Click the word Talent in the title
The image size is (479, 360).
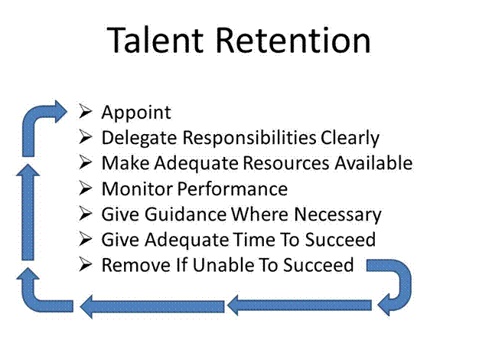[155, 40]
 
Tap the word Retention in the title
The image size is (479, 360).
[294, 40]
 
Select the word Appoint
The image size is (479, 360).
[136, 113]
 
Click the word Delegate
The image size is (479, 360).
[139, 138]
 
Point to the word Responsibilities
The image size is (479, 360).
[249, 138]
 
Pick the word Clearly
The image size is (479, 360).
[350, 138]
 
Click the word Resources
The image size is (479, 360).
[286, 163]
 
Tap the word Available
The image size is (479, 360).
[373, 163]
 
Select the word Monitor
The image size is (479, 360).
[137, 188]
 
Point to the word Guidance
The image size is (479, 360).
[185, 214]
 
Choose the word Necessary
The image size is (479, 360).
[337, 215]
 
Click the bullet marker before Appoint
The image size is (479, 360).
[85, 111]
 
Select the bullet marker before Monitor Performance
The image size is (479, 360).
[85, 188]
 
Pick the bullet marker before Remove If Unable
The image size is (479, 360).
[85, 264]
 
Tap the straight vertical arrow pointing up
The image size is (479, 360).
[28, 212]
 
